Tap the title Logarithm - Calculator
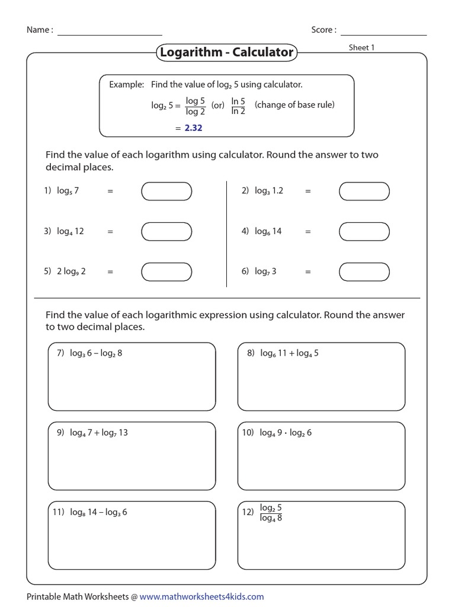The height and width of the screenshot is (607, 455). click(226, 53)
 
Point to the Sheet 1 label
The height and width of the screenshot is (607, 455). click(361, 47)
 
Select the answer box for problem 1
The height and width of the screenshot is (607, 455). click(166, 191)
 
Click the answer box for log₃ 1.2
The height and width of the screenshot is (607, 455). click(364, 191)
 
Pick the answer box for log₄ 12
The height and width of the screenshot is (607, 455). click(166, 232)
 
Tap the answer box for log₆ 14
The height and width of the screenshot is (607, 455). click(364, 232)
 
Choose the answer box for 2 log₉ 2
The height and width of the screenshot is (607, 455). click(166, 271)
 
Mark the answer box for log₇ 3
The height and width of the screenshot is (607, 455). click(364, 271)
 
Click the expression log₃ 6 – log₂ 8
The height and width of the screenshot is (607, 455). click(96, 353)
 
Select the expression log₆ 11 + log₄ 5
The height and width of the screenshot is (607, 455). click(289, 353)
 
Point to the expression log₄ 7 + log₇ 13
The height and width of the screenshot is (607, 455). click(98, 433)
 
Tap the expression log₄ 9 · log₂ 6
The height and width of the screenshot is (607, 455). click(286, 433)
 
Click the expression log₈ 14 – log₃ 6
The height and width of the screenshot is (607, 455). click(98, 512)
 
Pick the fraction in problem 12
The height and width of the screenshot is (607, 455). click(271, 513)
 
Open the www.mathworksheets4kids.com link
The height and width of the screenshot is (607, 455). click(201, 596)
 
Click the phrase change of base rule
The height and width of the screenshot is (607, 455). click(294, 105)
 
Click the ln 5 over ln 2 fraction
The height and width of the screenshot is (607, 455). click(238, 106)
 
